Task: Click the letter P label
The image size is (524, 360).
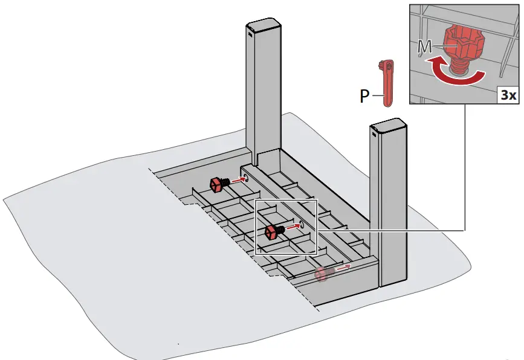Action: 364,97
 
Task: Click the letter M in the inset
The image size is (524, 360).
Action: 425,46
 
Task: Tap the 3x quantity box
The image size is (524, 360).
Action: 506,95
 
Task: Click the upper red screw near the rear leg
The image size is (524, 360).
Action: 217,184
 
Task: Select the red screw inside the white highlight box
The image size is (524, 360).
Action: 273,231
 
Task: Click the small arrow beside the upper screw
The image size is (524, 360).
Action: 237,179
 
